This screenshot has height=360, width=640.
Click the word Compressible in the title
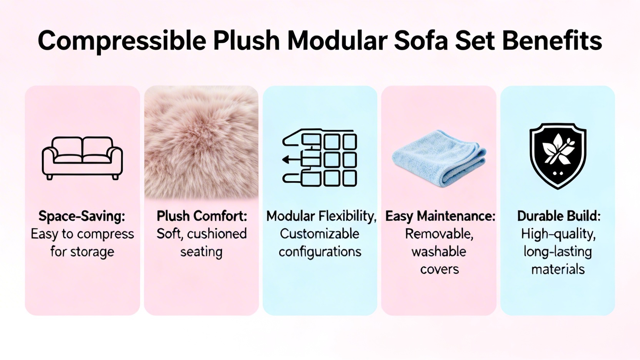pyautogui.click(x=122, y=41)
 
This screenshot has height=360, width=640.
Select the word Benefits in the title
pyautogui.click(x=552, y=40)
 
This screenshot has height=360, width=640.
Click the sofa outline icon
pyautogui.click(x=82, y=158)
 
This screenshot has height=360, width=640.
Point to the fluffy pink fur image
pyautogui.click(x=202, y=142)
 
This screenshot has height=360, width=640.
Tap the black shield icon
pyautogui.click(x=558, y=156)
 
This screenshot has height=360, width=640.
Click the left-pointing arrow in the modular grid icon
pyautogui.click(x=292, y=160)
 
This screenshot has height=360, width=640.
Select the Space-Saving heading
pyautogui.click(x=82, y=216)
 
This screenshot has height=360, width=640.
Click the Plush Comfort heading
pyautogui.click(x=202, y=216)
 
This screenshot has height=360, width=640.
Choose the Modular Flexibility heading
pyautogui.click(x=321, y=216)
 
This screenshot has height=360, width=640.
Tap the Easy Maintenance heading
pyautogui.click(x=440, y=216)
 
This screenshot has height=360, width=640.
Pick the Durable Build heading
pyautogui.click(x=558, y=216)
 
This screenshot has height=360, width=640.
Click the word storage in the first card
pyautogui.click(x=92, y=252)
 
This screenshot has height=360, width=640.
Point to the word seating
pyautogui.click(x=201, y=252)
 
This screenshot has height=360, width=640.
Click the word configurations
pyautogui.click(x=320, y=252)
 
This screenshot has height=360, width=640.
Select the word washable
pyautogui.click(x=439, y=252)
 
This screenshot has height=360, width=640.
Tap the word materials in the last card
pyautogui.click(x=558, y=270)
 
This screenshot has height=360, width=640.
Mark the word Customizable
pyautogui.click(x=320, y=234)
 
